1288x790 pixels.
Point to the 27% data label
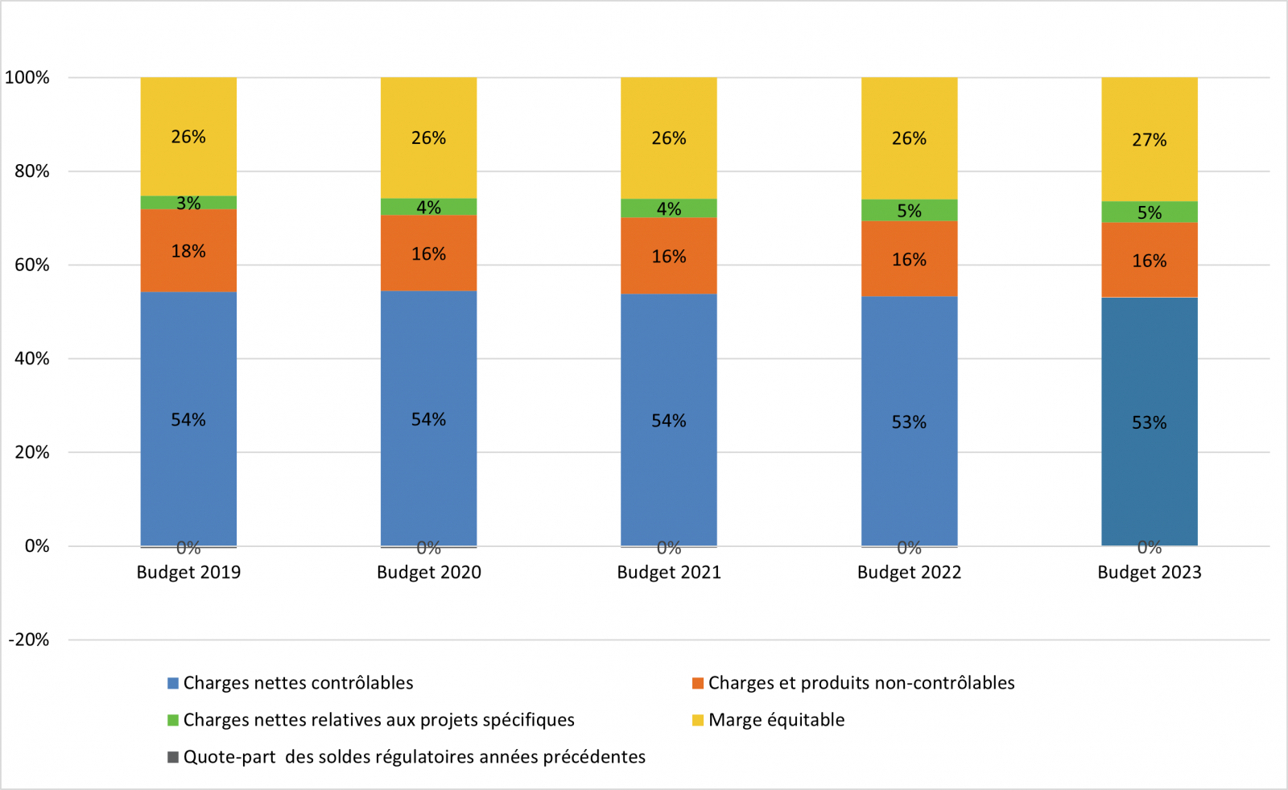tap(1149, 140)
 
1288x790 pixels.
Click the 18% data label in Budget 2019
tap(188, 252)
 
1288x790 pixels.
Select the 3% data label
tap(188, 204)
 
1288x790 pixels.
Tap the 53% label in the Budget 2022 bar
tap(909, 422)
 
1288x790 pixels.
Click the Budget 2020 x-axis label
tap(428, 573)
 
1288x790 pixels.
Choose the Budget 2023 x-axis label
tap(1149, 573)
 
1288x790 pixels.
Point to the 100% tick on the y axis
tap(27, 78)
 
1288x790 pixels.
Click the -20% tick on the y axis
tap(29, 640)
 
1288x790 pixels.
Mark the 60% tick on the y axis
tap(32, 265)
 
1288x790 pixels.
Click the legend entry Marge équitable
tap(776, 720)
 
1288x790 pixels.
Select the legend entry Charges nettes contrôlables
tap(298, 683)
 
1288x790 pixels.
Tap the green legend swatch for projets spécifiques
tap(173, 720)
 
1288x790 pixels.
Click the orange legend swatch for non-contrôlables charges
tap(698, 683)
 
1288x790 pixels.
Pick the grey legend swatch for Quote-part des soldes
tap(173, 757)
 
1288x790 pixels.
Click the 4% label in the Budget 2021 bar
tap(669, 209)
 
